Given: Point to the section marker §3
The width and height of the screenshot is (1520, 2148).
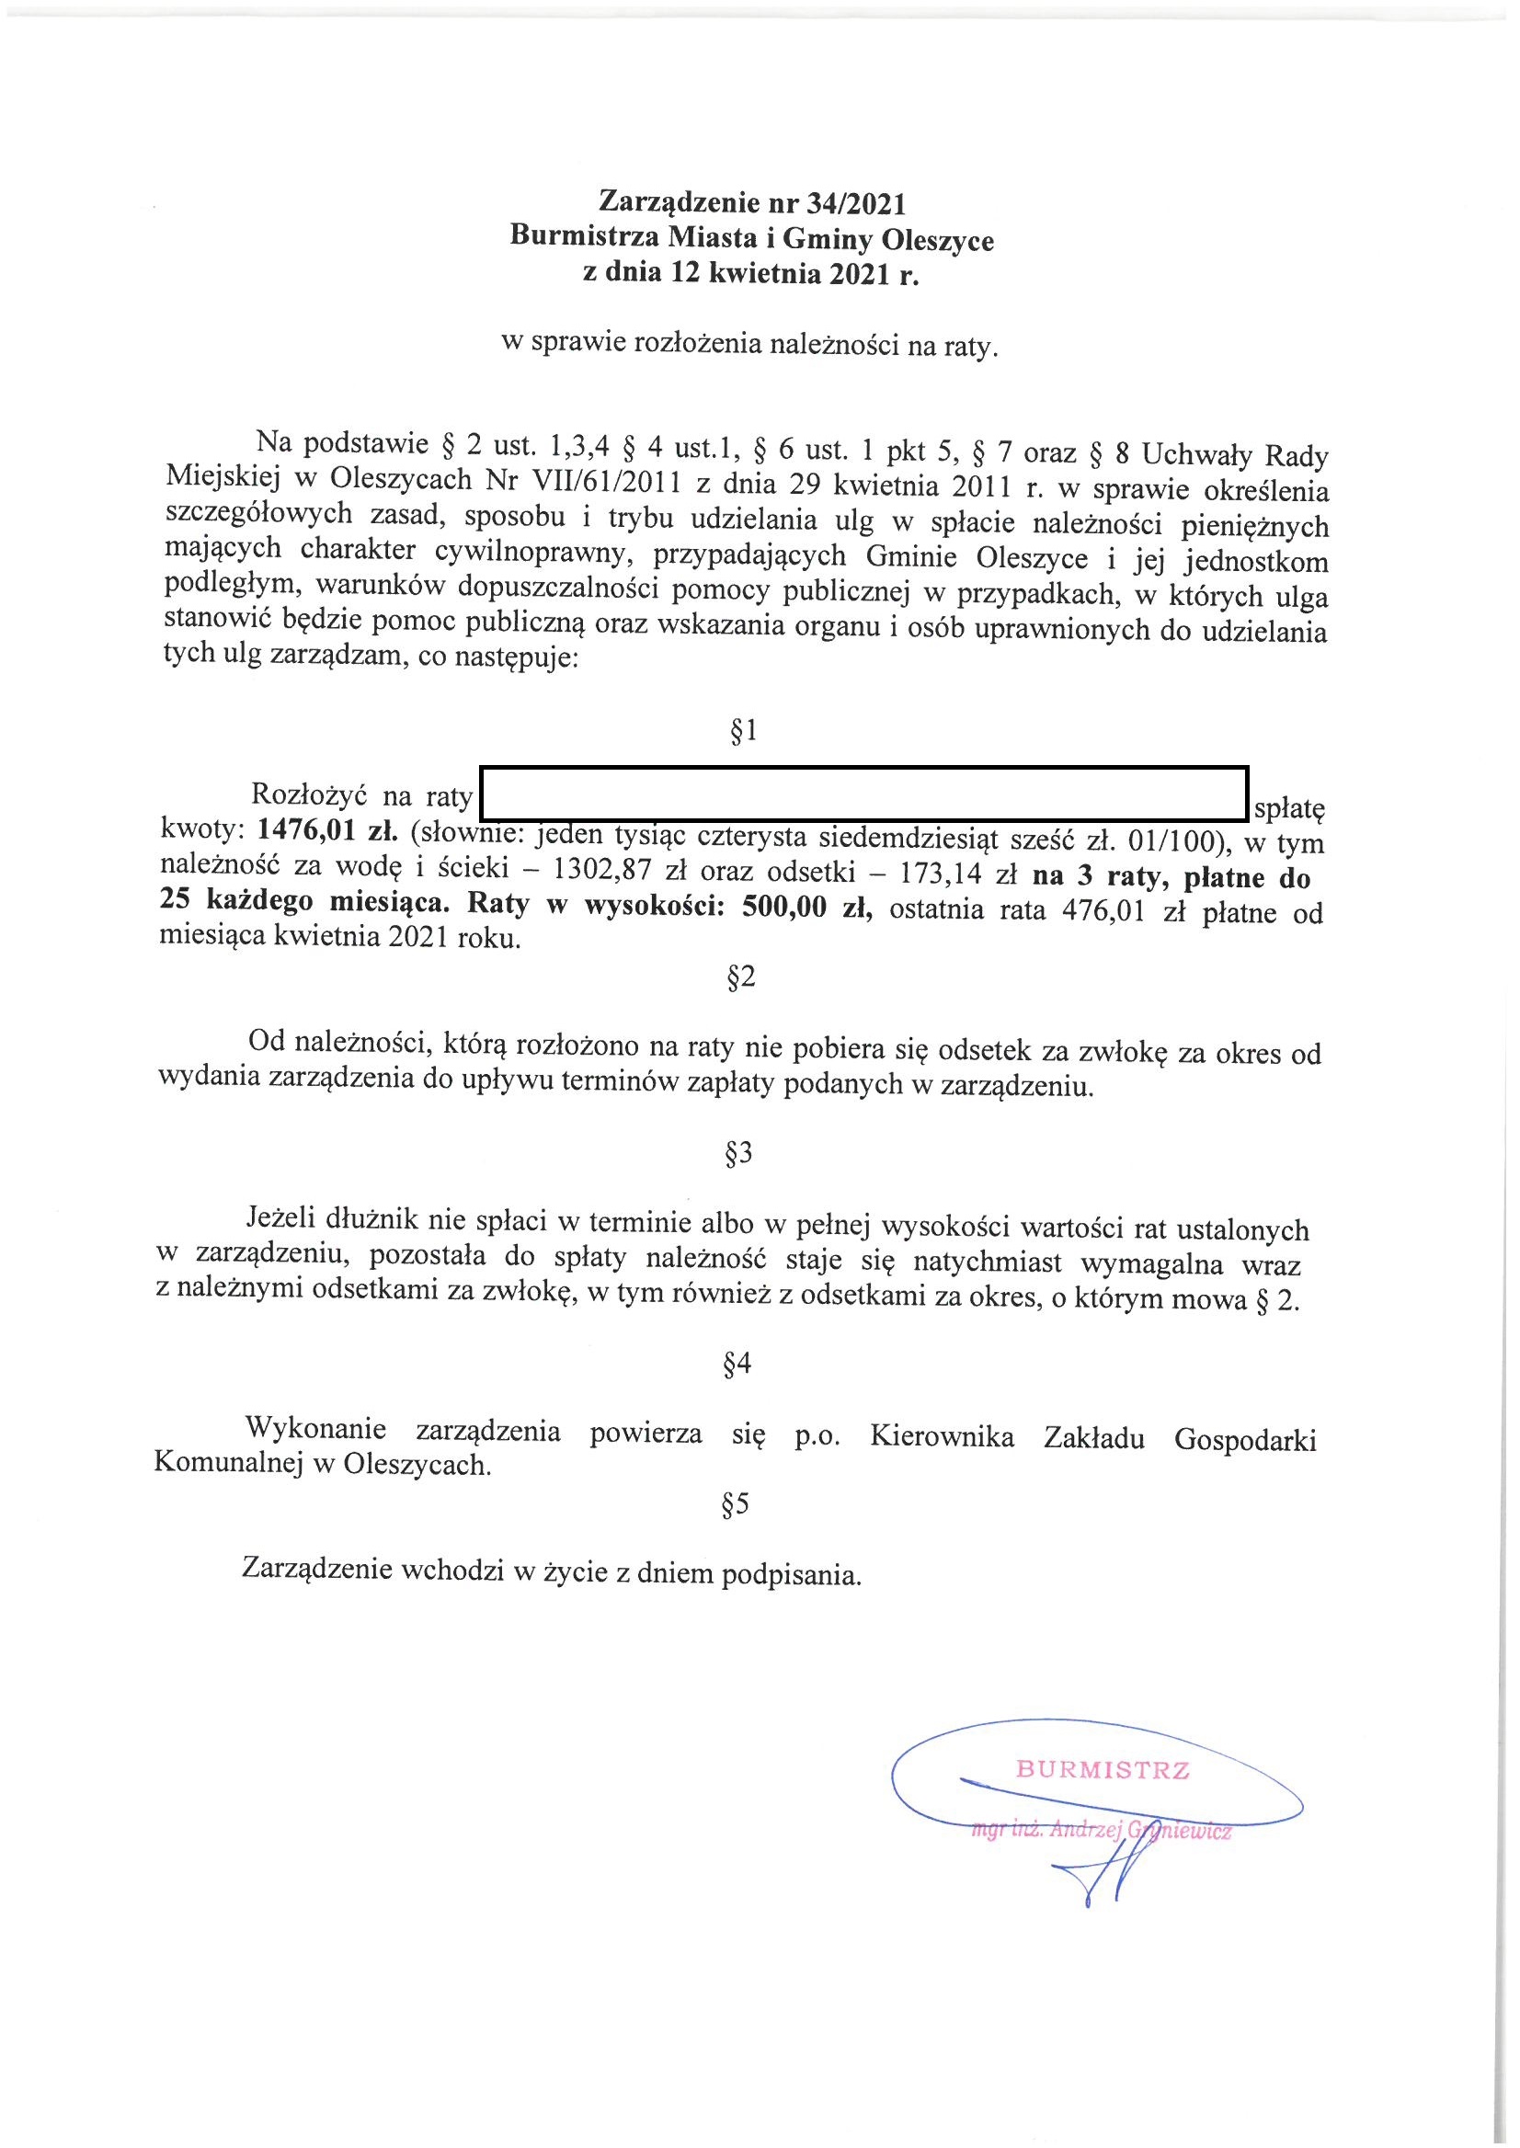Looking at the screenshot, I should [738, 1154].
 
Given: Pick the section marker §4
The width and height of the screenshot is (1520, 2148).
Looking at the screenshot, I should [737, 1364].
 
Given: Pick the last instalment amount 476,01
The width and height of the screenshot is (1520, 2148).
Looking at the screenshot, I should [1104, 911].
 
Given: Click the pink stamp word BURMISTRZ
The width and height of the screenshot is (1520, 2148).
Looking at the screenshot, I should [1103, 1770].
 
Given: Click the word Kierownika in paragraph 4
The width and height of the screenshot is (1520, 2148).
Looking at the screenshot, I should [942, 1435].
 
